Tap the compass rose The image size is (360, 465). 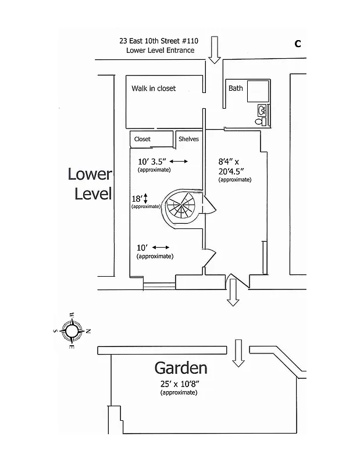(x=72, y=331)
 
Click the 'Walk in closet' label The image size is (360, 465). (x=154, y=88)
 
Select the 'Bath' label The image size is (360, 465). (x=236, y=88)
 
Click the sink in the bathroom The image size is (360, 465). (x=262, y=109)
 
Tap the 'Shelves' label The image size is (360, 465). (x=188, y=139)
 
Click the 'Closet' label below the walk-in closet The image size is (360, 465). (x=142, y=139)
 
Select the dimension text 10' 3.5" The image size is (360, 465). (x=152, y=162)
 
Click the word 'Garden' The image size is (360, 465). (x=180, y=368)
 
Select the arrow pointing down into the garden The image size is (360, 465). (x=237, y=353)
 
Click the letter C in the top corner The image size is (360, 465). (x=297, y=44)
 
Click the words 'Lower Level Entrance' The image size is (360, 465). (x=160, y=51)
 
